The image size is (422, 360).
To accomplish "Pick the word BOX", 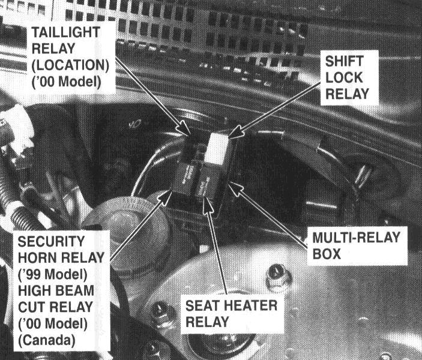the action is point(327,254).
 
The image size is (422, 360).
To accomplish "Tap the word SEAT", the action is point(204,306).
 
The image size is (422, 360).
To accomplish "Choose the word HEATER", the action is point(250,306).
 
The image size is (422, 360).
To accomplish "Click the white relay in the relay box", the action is point(217,149).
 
